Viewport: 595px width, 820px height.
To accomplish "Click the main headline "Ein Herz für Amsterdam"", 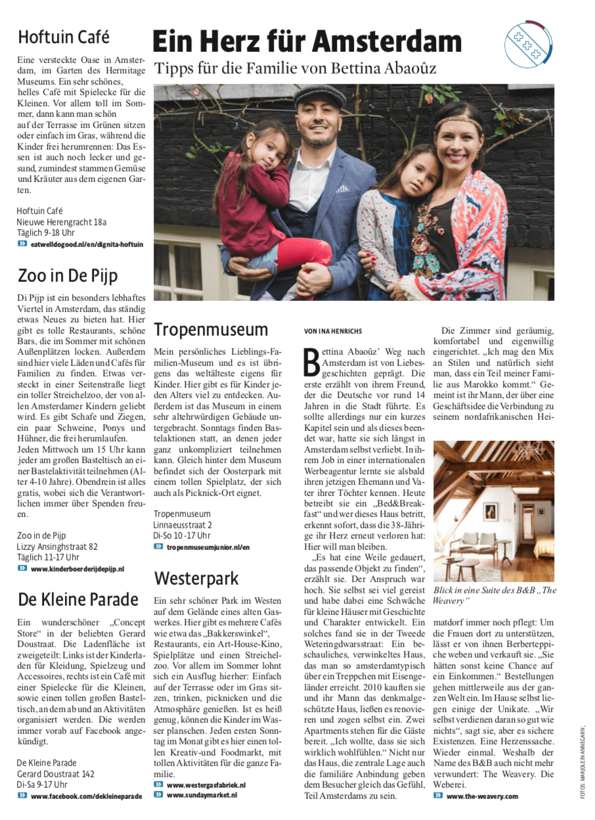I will pos(307,42).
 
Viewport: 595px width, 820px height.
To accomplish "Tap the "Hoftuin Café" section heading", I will pos(64,37).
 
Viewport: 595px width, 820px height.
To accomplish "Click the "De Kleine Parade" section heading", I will pos(78,599).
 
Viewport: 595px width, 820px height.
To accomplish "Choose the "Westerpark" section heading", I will pos(196,578).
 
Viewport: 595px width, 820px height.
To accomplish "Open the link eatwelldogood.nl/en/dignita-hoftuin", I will pos(87,244).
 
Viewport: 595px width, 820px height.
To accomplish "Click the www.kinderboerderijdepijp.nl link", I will pos(77,568).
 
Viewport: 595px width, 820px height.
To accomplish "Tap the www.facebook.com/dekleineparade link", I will pos(86,796).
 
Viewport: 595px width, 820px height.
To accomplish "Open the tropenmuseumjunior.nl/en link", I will pos(208,547).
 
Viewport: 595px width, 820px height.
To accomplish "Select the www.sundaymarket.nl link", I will pos(202,795).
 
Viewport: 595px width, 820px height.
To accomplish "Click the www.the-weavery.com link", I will pos(482,796).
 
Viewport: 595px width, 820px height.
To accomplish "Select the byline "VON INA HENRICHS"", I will pos(333,331).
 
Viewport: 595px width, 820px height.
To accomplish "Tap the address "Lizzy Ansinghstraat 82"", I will pos(57,546).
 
